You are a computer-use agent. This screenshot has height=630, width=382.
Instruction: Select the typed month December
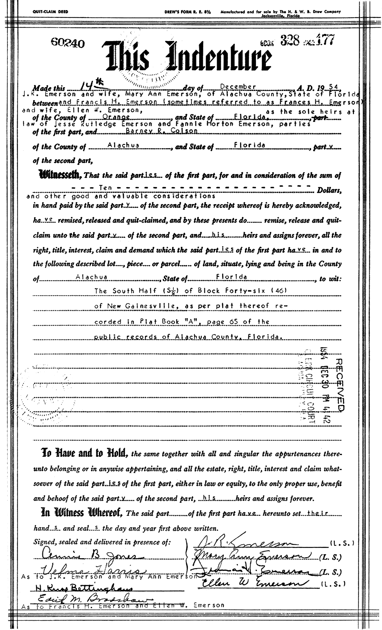(238, 87)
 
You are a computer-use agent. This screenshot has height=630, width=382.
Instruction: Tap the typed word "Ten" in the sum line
(106, 188)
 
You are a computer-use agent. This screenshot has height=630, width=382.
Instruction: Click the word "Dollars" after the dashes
(328, 191)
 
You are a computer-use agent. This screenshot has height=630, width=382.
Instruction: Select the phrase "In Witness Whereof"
(82, 513)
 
